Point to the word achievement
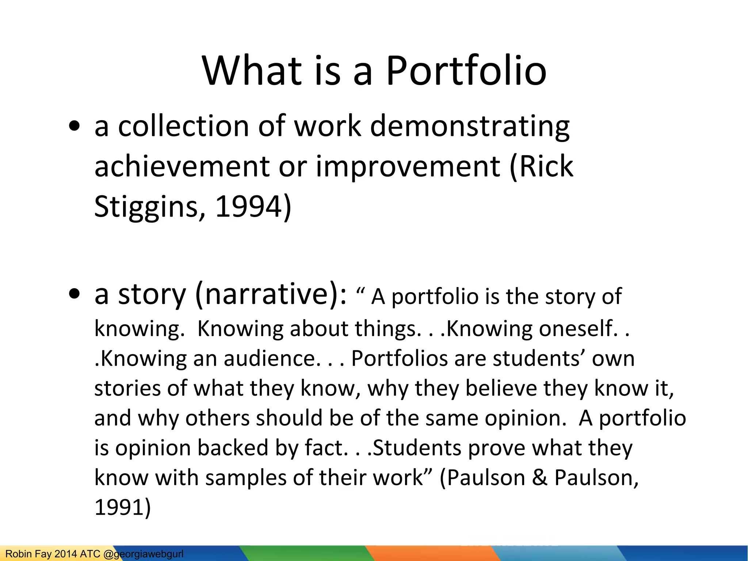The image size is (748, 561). (x=182, y=167)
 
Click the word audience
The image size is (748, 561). (x=272, y=358)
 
